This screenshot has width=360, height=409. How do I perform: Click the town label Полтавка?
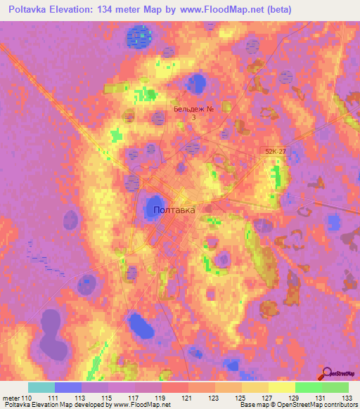pyautogui.click(x=174, y=210)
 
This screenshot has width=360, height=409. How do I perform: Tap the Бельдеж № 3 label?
pyautogui.click(x=193, y=113)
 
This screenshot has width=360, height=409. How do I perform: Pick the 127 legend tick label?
pyautogui.click(x=268, y=398)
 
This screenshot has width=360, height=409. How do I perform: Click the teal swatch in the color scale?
pyautogui.click(x=41, y=387)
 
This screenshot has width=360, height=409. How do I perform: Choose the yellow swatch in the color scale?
pyautogui.click(x=281, y=387)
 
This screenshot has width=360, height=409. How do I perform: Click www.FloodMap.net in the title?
pyautogui.click(x=214, y=10)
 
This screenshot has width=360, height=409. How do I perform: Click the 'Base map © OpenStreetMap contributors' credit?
pyautogui.click(x=298, y=405)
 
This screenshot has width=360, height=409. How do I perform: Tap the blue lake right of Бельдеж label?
pyautogui.click(x=198, y=84)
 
